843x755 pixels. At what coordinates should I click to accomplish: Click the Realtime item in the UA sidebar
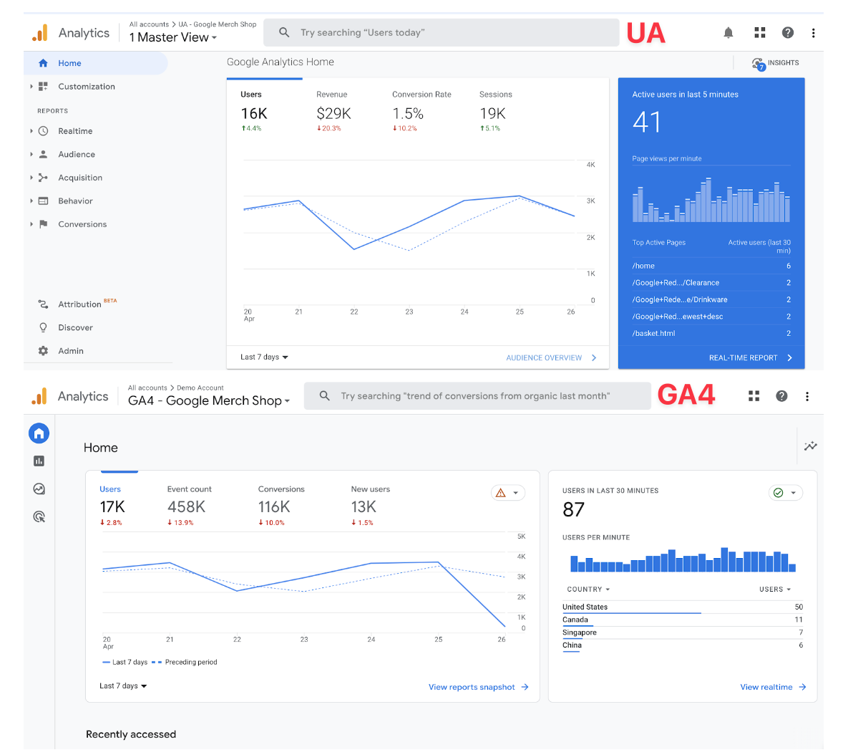[x=75, y=131]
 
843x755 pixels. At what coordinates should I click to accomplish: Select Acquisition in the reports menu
[x=80, y=178]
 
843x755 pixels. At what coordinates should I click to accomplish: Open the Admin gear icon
[x=44, y=351]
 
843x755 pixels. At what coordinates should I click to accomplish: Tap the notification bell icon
[x=729, y=33]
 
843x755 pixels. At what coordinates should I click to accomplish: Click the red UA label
[x=645, y=33]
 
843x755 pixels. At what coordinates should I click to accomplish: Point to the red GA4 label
[x=686, y=395]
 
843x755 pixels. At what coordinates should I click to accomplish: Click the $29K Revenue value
[x=333, y=114]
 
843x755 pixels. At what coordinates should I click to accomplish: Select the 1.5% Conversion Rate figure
[x=408, y=114]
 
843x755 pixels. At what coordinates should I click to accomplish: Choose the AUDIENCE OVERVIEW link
[x=544, y=357]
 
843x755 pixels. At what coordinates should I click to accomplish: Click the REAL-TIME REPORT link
[x=743, y=357]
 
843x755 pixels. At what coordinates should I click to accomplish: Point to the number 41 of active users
[x=647, y=122]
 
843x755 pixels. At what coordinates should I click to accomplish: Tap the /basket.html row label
[x=653, y=333]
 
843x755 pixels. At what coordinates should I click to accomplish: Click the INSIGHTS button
[x=776, y=63]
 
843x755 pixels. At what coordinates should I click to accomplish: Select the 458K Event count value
[x=186, y=507]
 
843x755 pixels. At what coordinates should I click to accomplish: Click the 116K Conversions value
[x=274, y=507]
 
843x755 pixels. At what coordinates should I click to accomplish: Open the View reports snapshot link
[x=472, y=687]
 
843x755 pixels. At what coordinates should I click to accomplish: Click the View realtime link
[x=766, y=687]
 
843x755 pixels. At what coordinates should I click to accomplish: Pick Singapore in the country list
[x=580, y=633]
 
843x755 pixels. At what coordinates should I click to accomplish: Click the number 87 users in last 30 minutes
[x=574, y=510]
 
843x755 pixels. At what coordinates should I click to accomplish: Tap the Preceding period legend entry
[x=190, y=662]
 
